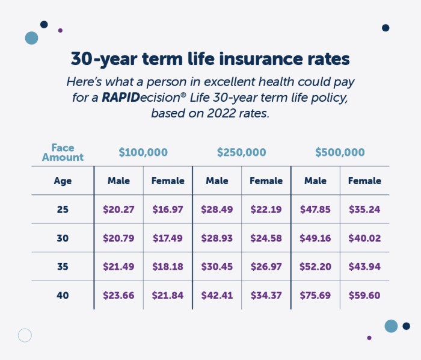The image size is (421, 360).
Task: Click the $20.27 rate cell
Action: [x=118, y=209]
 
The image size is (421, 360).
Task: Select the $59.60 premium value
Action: [x=364, y=296]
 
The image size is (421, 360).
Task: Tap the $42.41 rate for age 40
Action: [x=217, y=296]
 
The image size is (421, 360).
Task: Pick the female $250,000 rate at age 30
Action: [x=266, y=238]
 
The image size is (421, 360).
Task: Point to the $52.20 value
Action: [x=315, y=267]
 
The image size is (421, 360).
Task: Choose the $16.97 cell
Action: [x=168, y=209]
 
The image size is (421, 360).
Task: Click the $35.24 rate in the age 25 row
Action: [x=364, y=209]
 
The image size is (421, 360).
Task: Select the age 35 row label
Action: [x=63, y=267]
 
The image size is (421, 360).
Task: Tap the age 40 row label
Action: [x=63, y=296]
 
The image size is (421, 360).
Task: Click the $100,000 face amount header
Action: [x=143, y=153]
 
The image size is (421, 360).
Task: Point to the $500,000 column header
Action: [x=340, y=153]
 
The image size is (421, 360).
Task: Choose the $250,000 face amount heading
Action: [x=241, y=153]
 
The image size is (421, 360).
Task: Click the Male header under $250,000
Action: [x=217, y=181]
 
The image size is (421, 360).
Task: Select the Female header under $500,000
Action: [x=364, y=181]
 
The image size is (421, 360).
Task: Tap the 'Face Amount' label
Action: [x=67, y=152]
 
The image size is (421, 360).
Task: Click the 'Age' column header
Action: [x=63, y=181]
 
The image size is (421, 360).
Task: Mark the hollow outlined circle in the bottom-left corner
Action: [x=25, y=335]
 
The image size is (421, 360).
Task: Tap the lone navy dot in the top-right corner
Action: [x=386, y=28]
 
